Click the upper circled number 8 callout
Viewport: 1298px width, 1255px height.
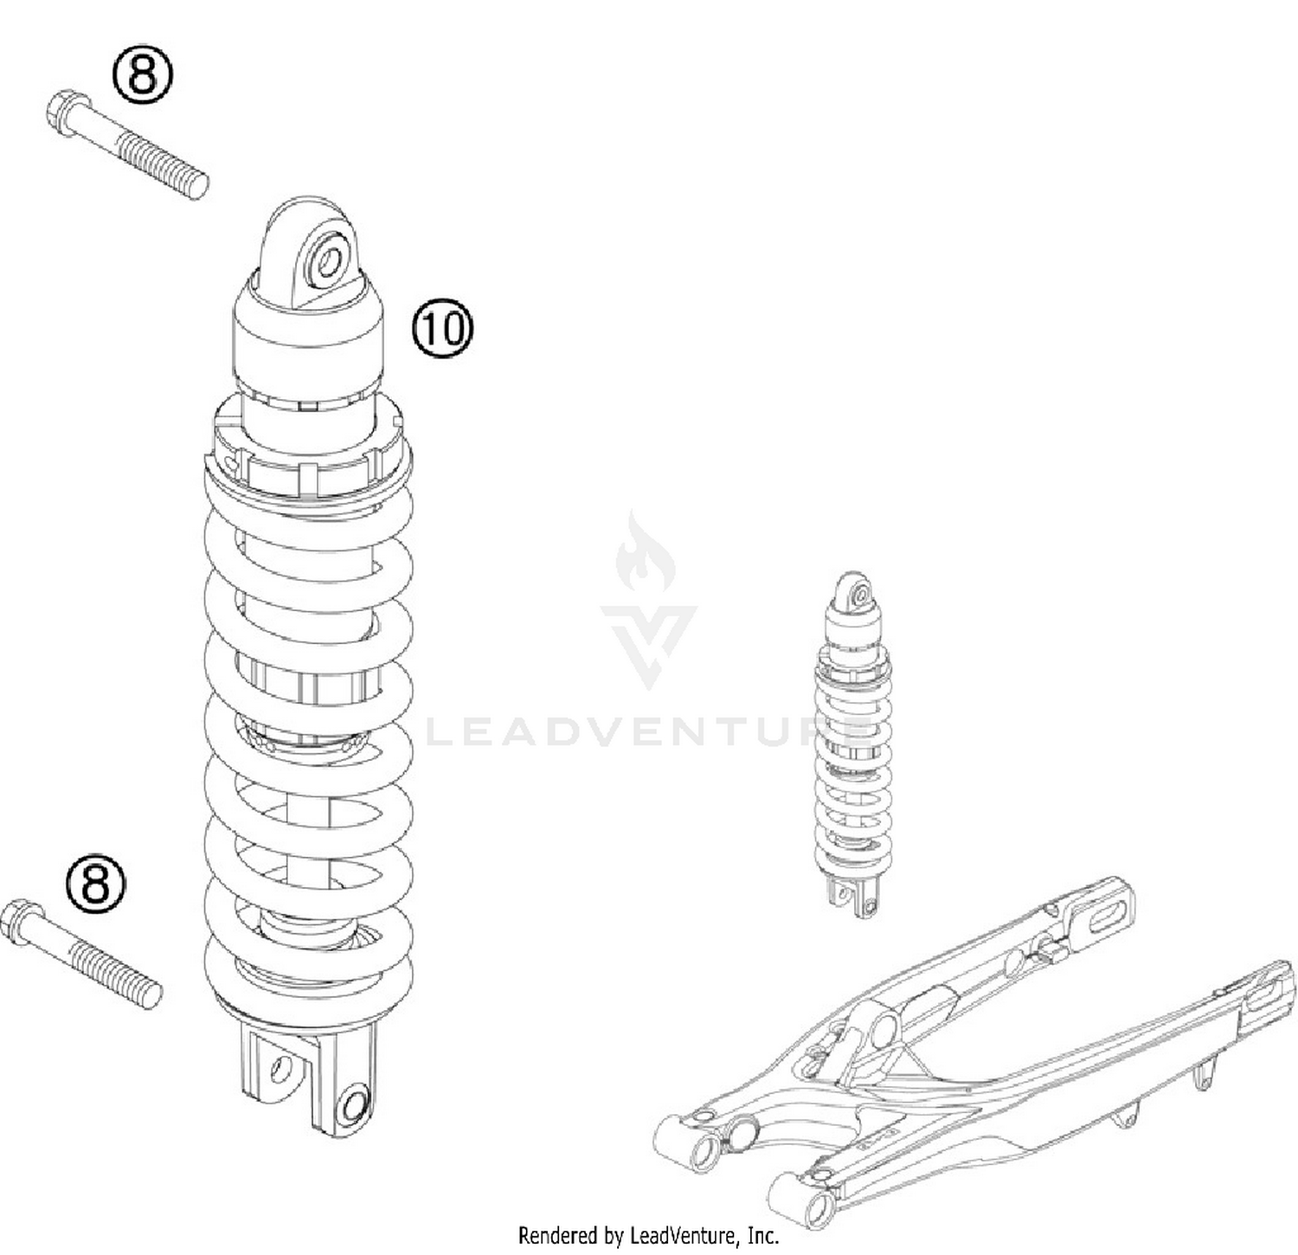143,75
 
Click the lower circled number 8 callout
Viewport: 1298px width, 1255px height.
96,884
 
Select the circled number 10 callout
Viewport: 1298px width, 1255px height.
442,329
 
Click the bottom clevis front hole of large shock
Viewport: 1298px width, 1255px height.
353,1105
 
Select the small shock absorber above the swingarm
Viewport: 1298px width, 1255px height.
853,744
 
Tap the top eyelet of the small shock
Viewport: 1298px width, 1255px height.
858,595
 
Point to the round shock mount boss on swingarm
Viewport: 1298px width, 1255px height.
882,1031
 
